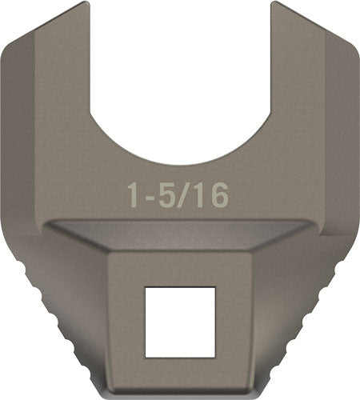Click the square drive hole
(181, 321)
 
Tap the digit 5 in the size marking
(166, 193)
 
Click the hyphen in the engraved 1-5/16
(150, 194)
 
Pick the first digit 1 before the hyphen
(134, 193)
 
